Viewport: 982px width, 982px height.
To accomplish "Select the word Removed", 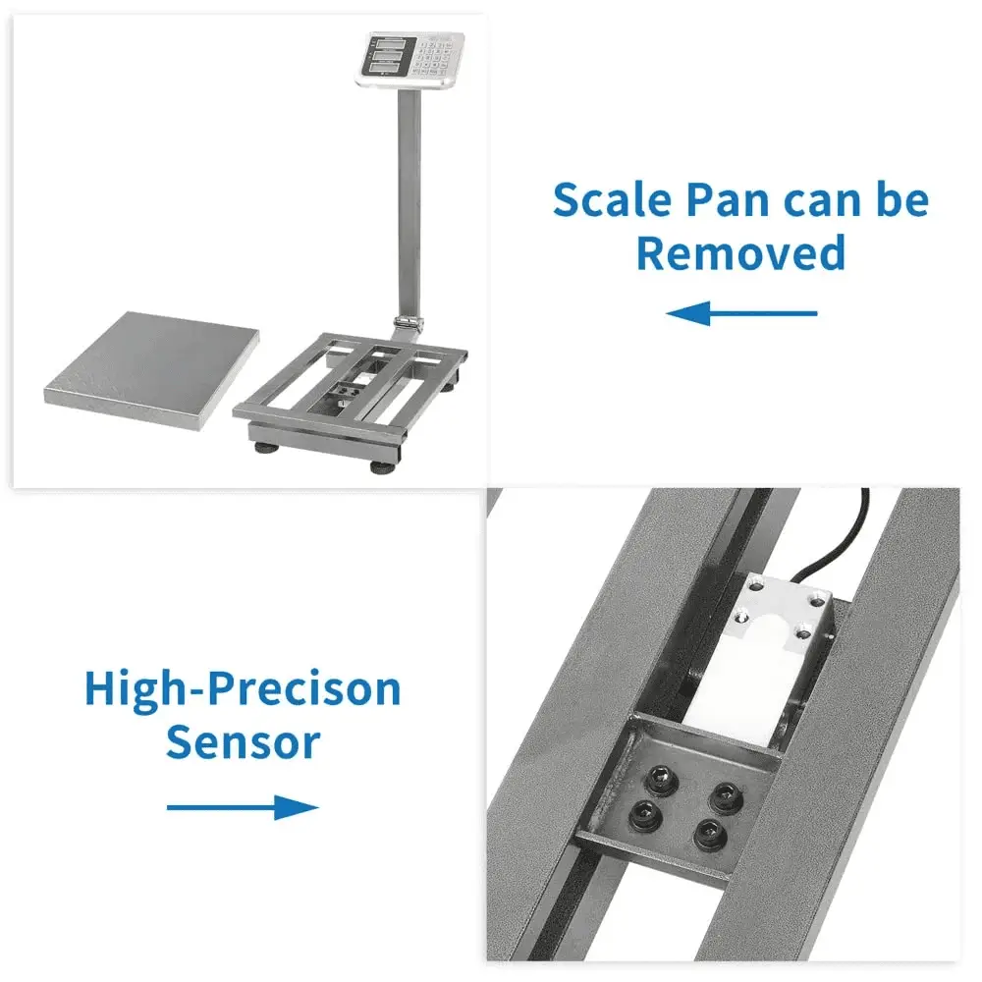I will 740,252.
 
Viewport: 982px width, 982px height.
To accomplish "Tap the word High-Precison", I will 243,689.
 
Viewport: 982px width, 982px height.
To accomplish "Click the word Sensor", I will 243,742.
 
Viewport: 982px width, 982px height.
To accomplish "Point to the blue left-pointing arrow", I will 741,314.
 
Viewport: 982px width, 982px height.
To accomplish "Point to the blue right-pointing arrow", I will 243,808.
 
